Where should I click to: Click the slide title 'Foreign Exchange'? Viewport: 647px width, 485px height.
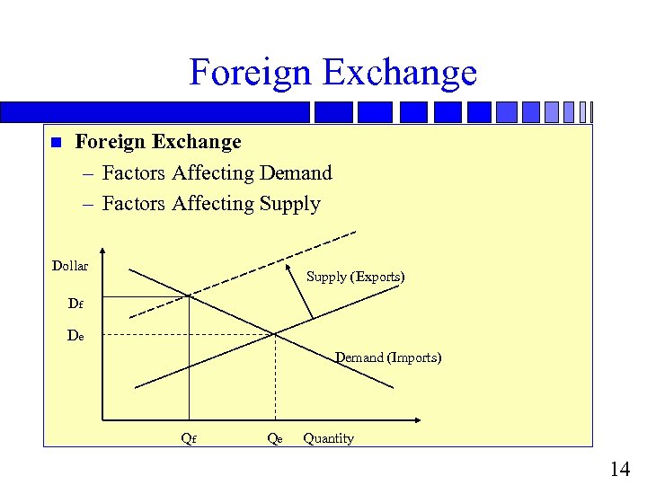click(x=332, y=72)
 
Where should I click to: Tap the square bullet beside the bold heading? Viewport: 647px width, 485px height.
click(x=56, y=143)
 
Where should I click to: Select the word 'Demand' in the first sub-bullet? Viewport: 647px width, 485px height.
click(x=295, y=172)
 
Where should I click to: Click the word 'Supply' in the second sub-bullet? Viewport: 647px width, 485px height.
click(x=289, y=203)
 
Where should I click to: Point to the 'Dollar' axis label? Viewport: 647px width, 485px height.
click(x=70, y=265)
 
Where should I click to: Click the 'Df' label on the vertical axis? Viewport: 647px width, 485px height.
click(x=76, y=304)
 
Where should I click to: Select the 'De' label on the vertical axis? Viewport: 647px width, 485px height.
click(x=76, y=336)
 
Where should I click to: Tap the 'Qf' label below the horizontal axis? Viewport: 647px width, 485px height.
click(x=189, y=438)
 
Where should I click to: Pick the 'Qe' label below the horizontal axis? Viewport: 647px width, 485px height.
click(x=274, y=438)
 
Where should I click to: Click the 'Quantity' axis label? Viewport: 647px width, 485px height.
click(x=328, y=438)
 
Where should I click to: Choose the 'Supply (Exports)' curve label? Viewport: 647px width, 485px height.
click(x=355, y=277)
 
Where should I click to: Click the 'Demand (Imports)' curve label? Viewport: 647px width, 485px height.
click(x=388, y=357)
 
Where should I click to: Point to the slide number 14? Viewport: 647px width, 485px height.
click(x=619, y=468)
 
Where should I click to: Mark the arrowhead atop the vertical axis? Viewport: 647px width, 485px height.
click(x=103, y=252)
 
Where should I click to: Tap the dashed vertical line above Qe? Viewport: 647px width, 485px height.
click(x=274, y=377)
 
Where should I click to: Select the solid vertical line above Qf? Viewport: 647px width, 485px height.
click(x=189, y=359)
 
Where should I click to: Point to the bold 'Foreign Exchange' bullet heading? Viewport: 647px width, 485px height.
click(x=158, y=142)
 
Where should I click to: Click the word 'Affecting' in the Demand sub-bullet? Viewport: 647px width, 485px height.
click(x=213, y=172)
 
